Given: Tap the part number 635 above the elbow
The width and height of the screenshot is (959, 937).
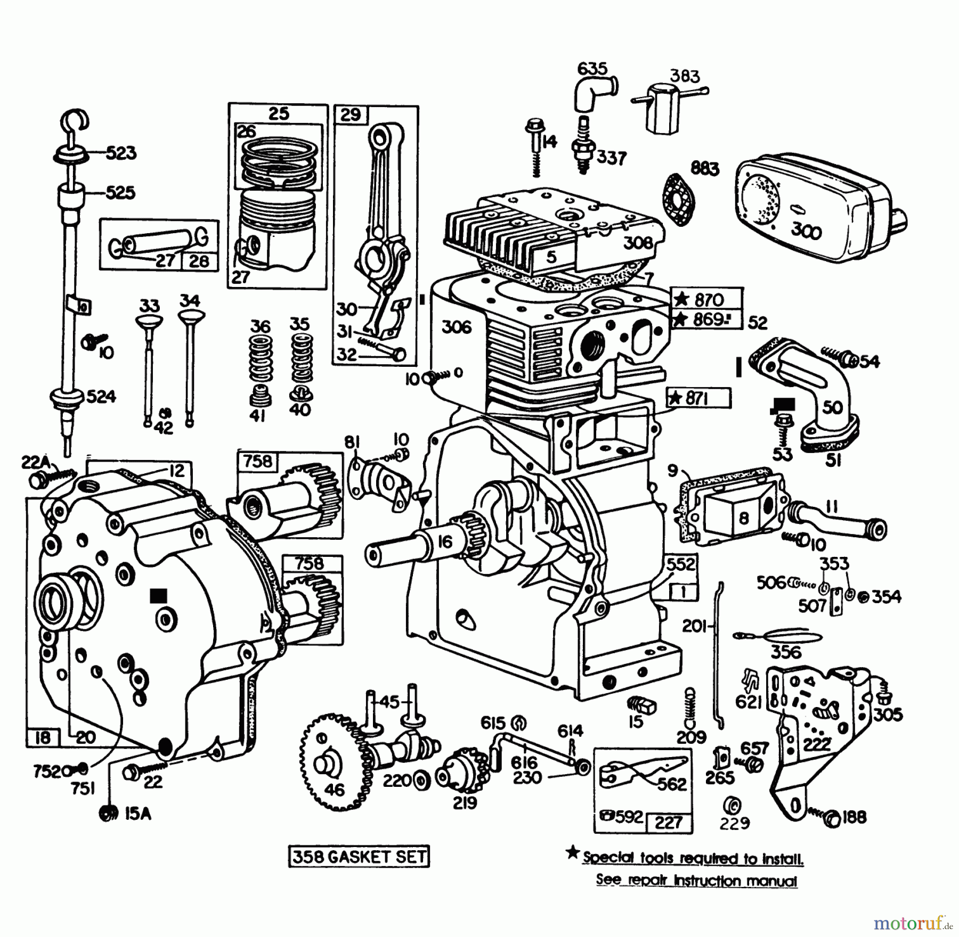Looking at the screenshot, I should coord(592,68).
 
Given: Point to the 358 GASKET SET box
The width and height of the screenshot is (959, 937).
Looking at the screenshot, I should coord(359,857).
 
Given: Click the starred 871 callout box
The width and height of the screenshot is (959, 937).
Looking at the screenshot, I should coord(698,398).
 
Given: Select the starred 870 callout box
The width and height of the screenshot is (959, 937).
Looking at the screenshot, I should coord(706,300).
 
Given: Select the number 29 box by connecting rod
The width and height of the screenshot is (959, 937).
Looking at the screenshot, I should coord(351,114).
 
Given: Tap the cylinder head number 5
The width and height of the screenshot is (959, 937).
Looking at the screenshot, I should coord(551,257).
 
